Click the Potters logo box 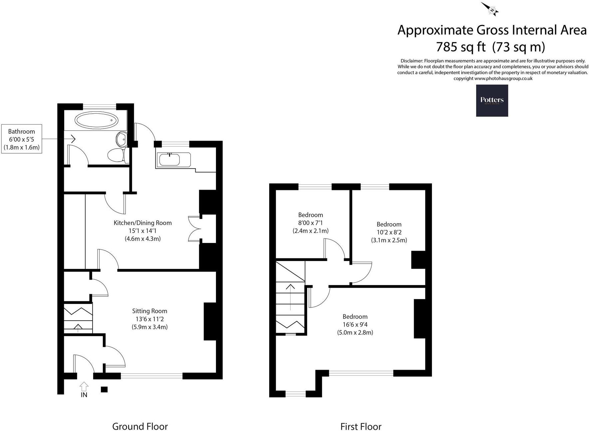pyautogui.click(x=492, y=100)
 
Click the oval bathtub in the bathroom pyautogui.click(x=96, y=120)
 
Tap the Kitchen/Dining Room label pyautogui.click(x=142, y=223)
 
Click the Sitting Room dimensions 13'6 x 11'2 pyautogui.click(x=149, y=319)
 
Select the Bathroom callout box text pyautogui.click(x=22, y=139)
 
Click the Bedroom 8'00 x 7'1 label pyautogui.click(x=310, y=223)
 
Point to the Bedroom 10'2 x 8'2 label pyautogui.click(x=389, y=232)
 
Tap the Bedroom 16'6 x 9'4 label pyautogui.click(x=355, y=324)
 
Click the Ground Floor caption pyautogui.click(x=140, y=426)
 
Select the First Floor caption pyautogui.click(x=361, y=426)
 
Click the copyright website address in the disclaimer pyautogui.click(x=503, y=79)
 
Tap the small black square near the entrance pyautogui.click(x=104, y=389)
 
